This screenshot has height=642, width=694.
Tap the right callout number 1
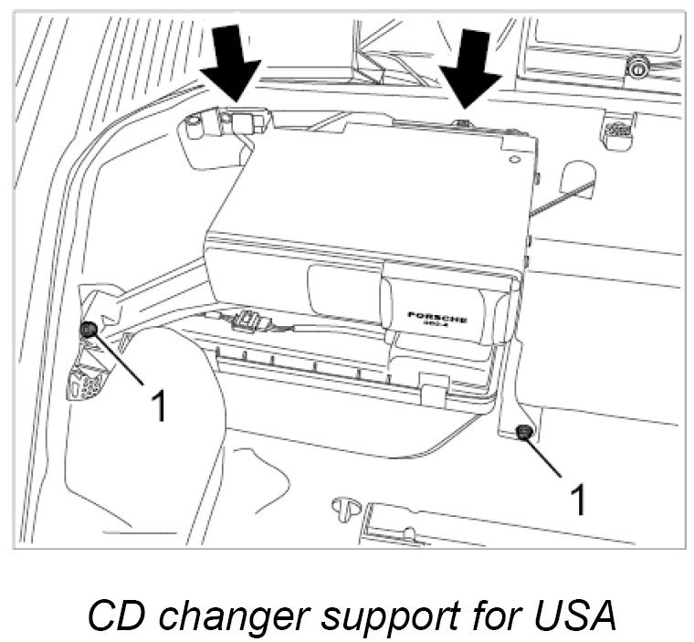point(577,500)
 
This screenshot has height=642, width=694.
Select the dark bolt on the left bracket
point(89,330)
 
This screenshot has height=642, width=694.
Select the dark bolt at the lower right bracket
point(523,432)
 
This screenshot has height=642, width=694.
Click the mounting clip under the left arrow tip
point(244,119)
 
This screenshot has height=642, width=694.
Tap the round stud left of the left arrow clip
point(195,126)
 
